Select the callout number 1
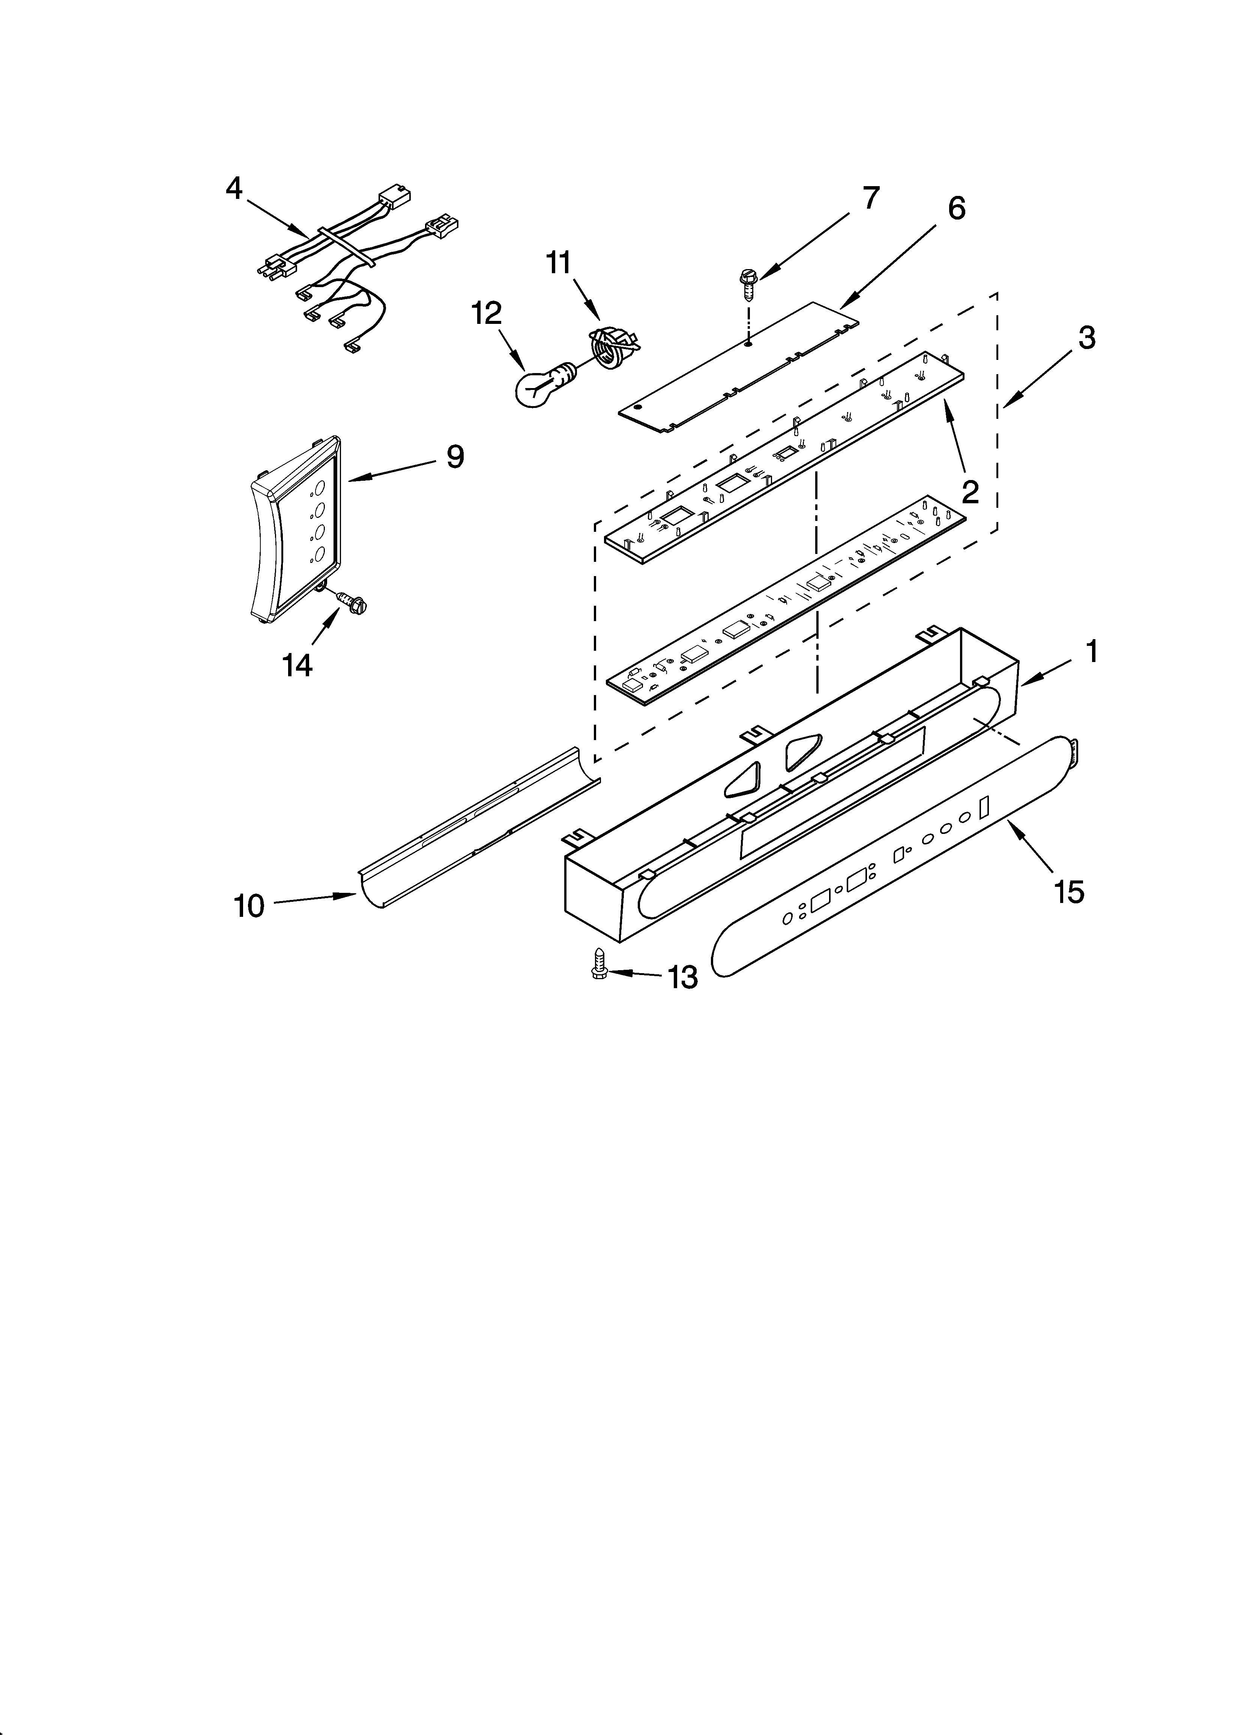coord(1092,652)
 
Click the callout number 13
coord(682,977)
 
